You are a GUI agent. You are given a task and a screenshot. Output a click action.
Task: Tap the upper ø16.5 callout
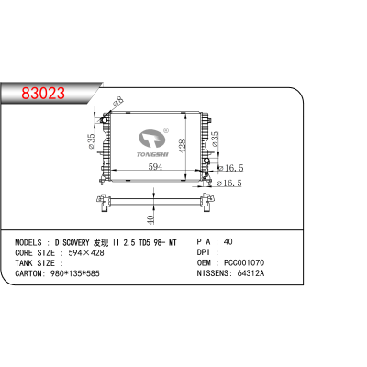(230, 169)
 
